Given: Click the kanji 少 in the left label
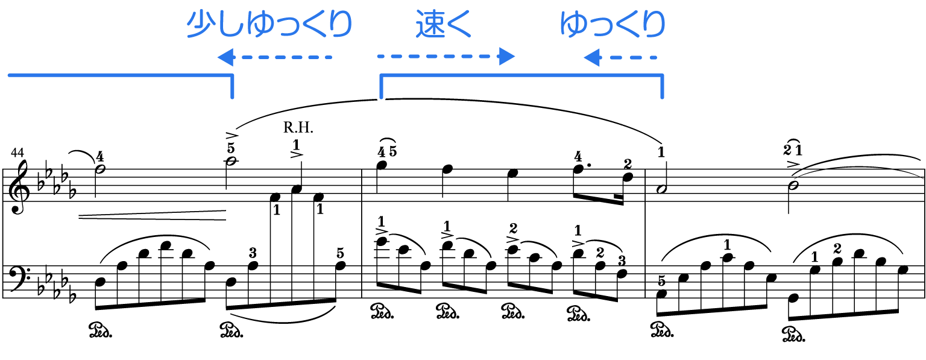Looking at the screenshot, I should (200, 25).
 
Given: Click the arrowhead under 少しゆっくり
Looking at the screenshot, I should (225, 58).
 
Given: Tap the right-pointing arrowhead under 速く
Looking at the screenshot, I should (507, 57).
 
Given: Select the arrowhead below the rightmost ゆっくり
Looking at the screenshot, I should (591, 58).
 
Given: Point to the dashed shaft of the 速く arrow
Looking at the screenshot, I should (434, 57).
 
